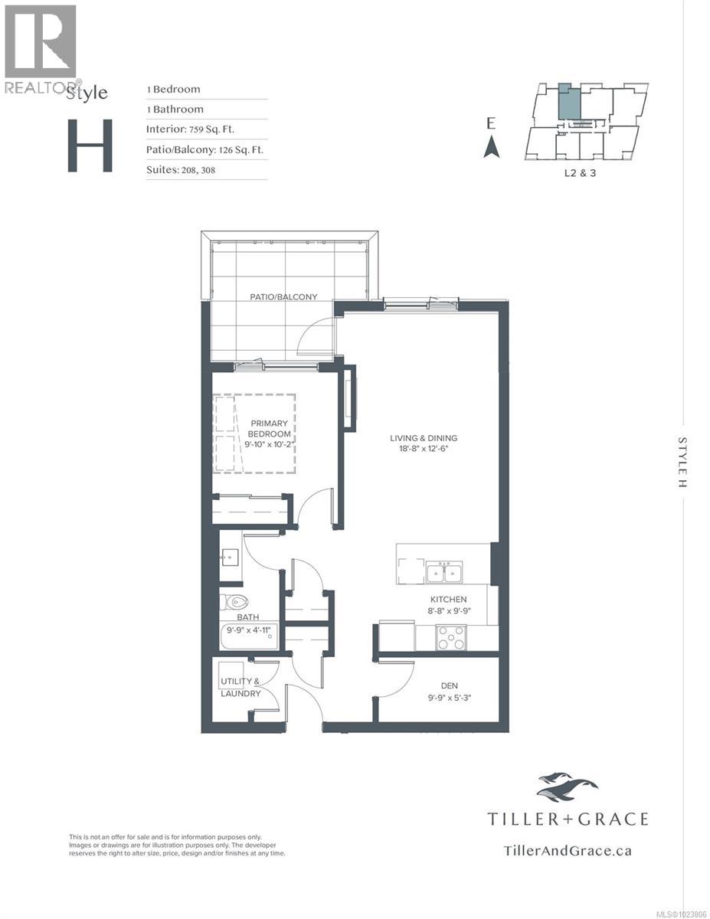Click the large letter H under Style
pyautogui.click(x=90, y=146)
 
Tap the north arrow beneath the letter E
pyautogui.click(x=491, y=146)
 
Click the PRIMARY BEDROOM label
pyautogui.click(x=268, y=428)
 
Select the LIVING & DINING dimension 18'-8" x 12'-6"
pyautogui.click(x=417, y=449)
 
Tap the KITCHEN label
pyautogui.click(x=448, y=600)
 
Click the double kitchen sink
pyautogui.click(x=444, y=571)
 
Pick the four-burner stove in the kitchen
pyautogui.click(x=452, y=637)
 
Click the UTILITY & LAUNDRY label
pyautogui.click(x=240, y=687)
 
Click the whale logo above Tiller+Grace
pyautogui.click(x=567, y=786)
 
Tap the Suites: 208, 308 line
pyautogui.click(x=181, y=169)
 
